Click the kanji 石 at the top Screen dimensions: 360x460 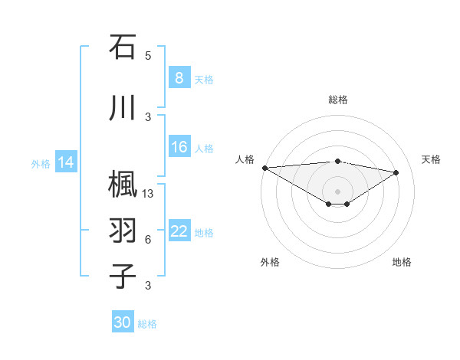[x=123, y=47]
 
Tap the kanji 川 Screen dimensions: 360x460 [x=123, y=108]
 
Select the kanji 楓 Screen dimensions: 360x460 [x=123, y=185]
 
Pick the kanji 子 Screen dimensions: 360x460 [x=123, y=276]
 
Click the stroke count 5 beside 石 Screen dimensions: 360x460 [x=148, y=56]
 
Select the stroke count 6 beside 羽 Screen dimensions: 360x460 [x=148, y=239]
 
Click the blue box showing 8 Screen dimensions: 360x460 [x=179, y=78]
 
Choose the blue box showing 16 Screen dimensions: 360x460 [x=179, y=147]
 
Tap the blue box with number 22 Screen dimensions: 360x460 [x=179, y=231]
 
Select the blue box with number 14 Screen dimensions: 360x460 [x=66, y=162]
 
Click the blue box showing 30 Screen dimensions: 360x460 [x=123, y=322]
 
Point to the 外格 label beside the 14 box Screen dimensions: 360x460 [x=41, y=163]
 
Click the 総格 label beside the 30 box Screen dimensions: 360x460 [x=147, y=324]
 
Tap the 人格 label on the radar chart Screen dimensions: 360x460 [x=245, y=159]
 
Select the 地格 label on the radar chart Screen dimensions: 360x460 [x=402, y=262]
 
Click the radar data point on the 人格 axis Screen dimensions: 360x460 [x=264, y=168]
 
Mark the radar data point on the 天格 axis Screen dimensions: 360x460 [x=396, y=172]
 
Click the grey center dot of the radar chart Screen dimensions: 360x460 [x=337, y=190]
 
